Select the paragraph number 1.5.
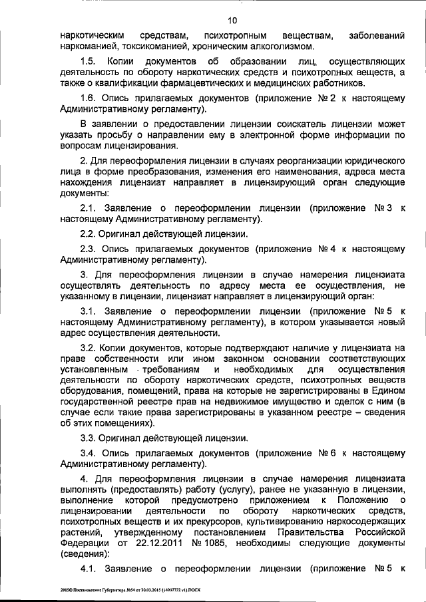(x=87, y=60)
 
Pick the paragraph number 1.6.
(x=87, y=98)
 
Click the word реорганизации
(x=306, y=163)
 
